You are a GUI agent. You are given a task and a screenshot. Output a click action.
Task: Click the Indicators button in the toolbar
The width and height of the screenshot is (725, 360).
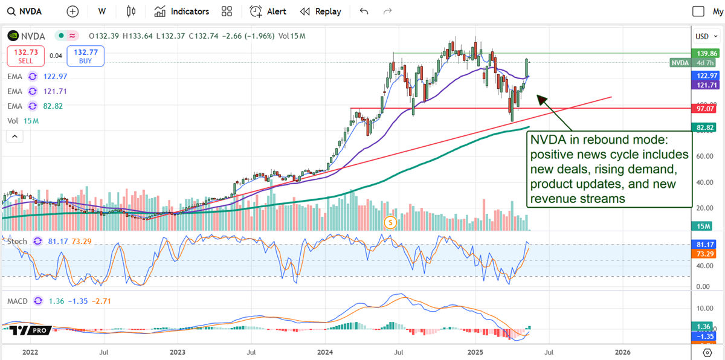coord(181,11)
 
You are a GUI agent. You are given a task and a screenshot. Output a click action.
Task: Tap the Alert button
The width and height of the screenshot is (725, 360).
coord(268,11)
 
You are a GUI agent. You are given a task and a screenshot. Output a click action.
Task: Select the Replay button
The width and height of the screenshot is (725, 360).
coord(321,11)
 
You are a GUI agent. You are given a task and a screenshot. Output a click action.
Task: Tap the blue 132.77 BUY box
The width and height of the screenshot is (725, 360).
coord(86,56)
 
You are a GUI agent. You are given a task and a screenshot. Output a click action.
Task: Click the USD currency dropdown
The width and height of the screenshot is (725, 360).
coord(704,36)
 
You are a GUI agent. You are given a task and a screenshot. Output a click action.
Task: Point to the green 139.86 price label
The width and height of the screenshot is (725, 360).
coord(704,54)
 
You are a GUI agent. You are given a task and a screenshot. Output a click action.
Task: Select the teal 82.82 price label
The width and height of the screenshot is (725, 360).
coord(704,127)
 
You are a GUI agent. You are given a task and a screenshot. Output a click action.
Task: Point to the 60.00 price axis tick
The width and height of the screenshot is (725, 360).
coord(703,156)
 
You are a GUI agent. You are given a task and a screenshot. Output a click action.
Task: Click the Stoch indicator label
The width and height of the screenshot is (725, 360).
coord(17,242)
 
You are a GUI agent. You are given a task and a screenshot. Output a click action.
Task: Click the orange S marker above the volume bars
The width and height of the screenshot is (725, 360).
coord(390,222)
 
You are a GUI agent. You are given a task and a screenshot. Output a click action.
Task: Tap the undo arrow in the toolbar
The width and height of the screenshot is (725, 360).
coord(364,11)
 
